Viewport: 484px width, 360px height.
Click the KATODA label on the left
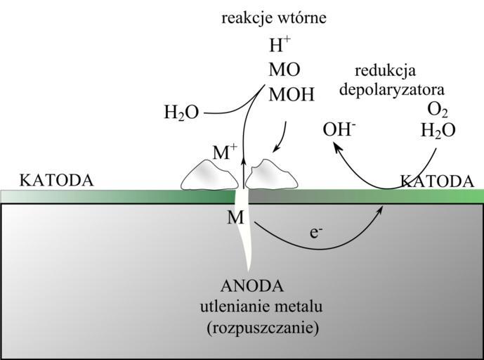point(56,181)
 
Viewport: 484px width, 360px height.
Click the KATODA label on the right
point(437,181)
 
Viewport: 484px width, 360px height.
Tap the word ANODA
point(251,286)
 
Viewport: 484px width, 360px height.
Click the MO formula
point(284,70)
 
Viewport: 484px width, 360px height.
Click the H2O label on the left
point(181,112)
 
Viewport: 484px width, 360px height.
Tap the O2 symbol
point(438,110)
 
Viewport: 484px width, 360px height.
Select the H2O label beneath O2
point(438,131)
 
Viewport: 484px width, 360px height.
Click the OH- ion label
point(339,130)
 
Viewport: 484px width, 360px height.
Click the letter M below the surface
point(235,218)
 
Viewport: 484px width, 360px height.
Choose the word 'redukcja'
point(386,71)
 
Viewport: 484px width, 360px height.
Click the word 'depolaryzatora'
point(391,90)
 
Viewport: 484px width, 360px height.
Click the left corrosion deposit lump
point(209,175)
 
